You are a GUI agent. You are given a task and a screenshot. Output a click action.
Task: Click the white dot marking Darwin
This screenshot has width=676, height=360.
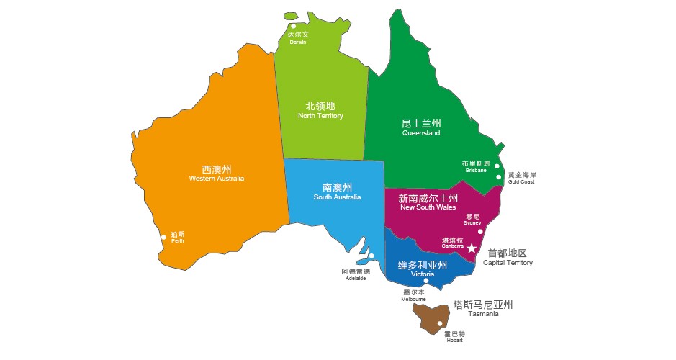pos(294,27)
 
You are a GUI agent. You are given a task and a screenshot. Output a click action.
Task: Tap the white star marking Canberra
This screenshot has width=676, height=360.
pos(472,248)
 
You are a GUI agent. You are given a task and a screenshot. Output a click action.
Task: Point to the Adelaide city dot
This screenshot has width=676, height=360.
pos(371,256)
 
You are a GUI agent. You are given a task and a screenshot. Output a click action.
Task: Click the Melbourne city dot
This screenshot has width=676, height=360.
pos(426,281)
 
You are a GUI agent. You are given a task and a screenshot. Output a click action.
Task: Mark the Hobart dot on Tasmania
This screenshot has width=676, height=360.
pos(440,323)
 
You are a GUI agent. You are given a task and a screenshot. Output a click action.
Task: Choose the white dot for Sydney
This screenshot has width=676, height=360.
pos(480,231)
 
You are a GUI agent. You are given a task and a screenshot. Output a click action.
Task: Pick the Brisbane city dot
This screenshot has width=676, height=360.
pos(497,166)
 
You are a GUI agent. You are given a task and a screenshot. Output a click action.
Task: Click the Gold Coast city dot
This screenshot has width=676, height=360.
pos(498,176)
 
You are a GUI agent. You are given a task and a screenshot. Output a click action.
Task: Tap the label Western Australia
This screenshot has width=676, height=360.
pos(217,179)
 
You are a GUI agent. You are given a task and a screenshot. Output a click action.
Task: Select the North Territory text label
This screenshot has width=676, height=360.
pos(320,116)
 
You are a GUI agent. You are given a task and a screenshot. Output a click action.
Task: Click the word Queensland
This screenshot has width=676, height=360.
pos(421,133)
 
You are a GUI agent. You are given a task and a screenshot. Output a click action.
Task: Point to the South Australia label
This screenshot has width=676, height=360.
pos(337,197)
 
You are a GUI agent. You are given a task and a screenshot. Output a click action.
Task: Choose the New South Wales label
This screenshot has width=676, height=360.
pos(428,207)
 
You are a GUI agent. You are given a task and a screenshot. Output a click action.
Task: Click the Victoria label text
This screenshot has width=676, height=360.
pos(423,275)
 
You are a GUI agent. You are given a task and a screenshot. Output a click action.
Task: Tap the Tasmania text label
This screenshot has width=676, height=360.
pos(482,314)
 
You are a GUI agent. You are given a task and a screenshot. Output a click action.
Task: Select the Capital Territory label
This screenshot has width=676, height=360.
pos(508,263)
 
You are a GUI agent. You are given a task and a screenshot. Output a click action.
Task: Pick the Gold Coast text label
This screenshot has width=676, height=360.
pos(521,181)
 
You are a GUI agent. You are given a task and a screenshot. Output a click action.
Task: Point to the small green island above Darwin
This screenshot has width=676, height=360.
pos(291,16)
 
